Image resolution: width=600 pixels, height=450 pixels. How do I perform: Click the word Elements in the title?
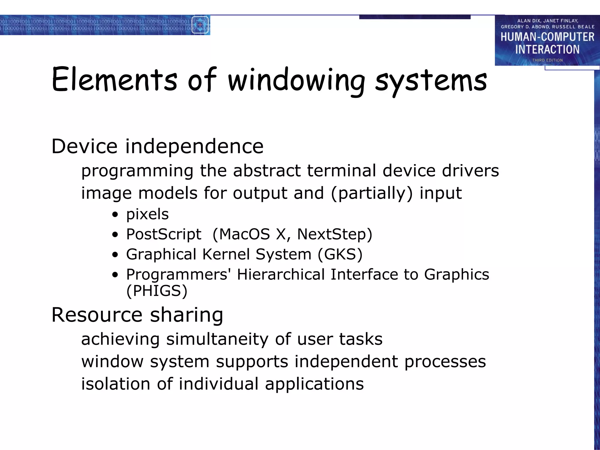click(x=114, y=80)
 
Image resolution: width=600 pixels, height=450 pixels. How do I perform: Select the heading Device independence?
click(x=157, y=146)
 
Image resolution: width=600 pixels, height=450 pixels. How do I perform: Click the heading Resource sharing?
click(x=137, y=315)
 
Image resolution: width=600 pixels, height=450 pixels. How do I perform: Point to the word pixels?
click(x=147, y=214)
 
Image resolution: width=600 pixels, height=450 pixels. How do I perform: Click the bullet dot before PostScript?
click(x=115, y=235)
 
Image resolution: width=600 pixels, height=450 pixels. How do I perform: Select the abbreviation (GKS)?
click(x=340, y=254)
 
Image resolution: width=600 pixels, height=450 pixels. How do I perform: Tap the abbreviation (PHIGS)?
click(x=157, y=291)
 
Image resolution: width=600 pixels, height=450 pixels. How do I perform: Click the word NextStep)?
click(x=335, y=234)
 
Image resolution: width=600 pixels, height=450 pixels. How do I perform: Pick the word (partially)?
click(x=371, y=193)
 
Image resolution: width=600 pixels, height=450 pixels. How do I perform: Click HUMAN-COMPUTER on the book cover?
click(x=547, y=37)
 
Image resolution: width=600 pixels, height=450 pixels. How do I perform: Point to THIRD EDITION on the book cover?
click(x=547, y=60)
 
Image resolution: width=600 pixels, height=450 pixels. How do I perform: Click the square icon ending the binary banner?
click(x=200, y=25)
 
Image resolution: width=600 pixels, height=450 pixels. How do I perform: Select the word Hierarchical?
click(x=281, y=275)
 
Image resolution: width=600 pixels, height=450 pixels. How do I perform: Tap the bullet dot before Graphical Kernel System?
click(x=115, y=255)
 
